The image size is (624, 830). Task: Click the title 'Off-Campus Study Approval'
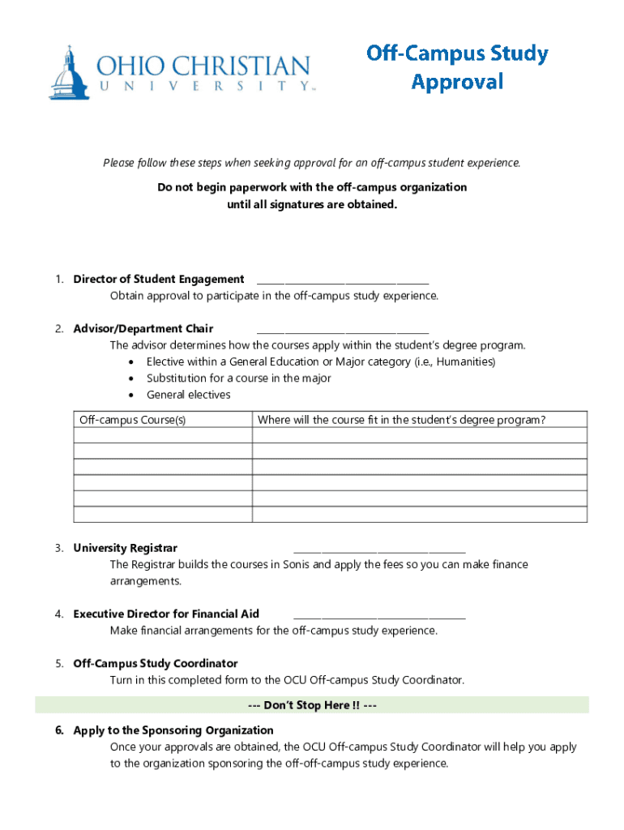tap(457, 67)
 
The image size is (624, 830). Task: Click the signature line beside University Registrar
tap(378, 550)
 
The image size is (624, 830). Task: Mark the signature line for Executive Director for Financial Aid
tap(378, 615)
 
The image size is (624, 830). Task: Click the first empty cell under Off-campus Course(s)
tap(162, 435)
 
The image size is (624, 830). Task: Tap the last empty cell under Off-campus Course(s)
tap(162, 515)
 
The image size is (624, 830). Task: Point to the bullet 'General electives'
tap(188, 395)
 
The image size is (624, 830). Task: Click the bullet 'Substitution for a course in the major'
tap(238, 379)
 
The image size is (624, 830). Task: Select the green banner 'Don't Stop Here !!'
tap(312, 705)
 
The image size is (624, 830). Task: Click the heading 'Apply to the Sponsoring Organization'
tap(173, 730)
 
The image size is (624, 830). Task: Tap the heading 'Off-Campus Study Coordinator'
tap(156, 664)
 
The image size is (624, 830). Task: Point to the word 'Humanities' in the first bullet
tap(466, 362)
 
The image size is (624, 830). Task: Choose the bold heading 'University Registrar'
tap(125, 549)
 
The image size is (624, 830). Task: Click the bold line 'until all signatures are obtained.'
tap(312, 204)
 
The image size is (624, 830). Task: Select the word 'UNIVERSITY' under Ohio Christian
tap(203, 85)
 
